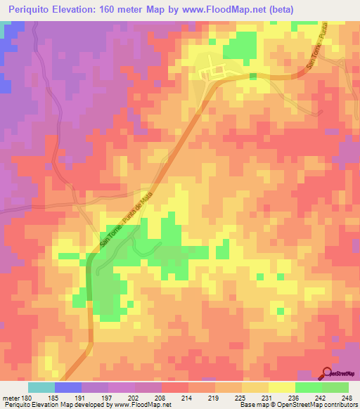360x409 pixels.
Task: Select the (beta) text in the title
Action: coord(278,9)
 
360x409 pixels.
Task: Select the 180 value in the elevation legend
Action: coord(24,396)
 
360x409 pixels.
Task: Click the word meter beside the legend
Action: coord(9,396)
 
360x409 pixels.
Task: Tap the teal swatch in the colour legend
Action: coord(41,387)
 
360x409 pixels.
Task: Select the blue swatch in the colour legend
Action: coord(68,387)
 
